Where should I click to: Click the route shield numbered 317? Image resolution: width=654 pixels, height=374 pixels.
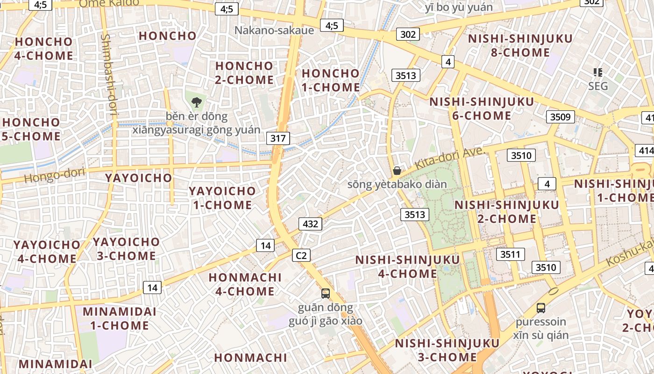coord(278,138)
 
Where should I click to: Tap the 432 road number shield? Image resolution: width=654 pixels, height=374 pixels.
coord(310,224)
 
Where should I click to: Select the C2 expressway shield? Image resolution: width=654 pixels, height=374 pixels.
coord(301,255)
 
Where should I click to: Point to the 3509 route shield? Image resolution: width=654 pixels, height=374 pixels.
coord(560,117)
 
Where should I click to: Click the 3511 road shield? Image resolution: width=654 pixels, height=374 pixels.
coord(510,254)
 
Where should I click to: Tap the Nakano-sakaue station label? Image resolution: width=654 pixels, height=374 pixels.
coord(274,30)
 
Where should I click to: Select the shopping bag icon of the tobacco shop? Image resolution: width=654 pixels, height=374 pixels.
coord(397,171)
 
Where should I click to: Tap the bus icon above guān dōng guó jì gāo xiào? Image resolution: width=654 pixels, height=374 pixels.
coord(326,294)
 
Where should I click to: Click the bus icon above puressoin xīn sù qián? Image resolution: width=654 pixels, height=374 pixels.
coord(540,308)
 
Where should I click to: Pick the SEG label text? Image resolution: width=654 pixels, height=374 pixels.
coord(598,86)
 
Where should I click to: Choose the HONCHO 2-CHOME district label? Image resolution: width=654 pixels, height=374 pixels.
coord(244,73)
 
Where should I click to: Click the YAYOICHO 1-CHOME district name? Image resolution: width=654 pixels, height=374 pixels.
coord(222,198)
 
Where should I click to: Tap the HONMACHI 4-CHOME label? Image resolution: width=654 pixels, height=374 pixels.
coord(245,284)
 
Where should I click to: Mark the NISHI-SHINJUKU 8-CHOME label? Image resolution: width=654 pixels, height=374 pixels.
coord(520,45)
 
